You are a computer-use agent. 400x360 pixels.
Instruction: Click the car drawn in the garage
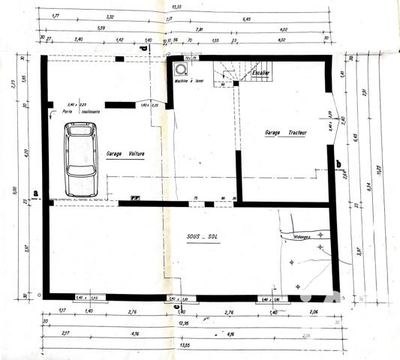pos(81,160)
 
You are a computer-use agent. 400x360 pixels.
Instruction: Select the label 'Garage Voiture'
pos(125,153)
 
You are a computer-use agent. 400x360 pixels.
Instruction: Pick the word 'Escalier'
pos(260,72)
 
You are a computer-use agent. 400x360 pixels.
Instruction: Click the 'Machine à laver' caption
pos(188,79)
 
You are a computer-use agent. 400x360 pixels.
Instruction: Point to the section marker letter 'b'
pos(338,164)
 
